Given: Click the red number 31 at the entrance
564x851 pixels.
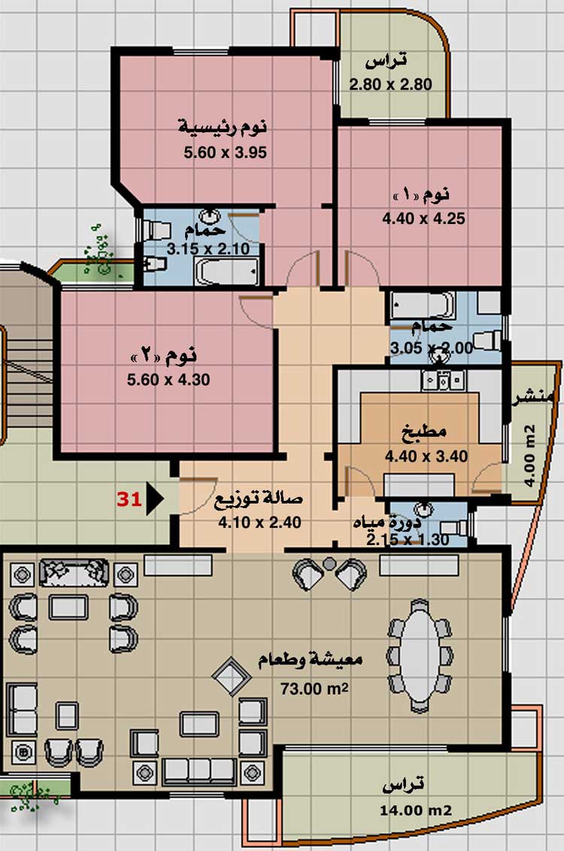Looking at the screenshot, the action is click(x=129, y=498).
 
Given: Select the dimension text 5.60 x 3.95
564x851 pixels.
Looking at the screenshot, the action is click(x=226, y=153).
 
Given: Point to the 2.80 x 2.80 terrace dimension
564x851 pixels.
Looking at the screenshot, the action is click(x=391, y=85).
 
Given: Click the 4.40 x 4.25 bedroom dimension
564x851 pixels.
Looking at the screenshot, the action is click(x=424, y=219).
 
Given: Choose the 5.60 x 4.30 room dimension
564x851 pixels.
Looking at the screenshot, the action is click(x=168, y=380).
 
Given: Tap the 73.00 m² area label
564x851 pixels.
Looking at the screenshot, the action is click(x=314, y=688).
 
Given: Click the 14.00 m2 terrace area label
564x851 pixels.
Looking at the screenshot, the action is click(x=416, y=811).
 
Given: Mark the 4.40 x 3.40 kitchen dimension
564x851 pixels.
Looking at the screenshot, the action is click(x=426, y=456).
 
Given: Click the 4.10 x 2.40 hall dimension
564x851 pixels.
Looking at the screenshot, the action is click(x=259, y=522).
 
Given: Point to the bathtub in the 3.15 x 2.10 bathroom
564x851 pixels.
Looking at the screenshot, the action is click(x=227, y=271).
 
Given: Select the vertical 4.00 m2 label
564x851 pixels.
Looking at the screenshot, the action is click(x=530, y=456).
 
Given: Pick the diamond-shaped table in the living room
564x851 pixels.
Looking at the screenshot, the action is click(x=232, y=677).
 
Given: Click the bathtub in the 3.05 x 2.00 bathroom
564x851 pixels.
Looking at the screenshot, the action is click(x=423, y=305).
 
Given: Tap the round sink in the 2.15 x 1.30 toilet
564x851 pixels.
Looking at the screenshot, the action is click(x=423, y=510).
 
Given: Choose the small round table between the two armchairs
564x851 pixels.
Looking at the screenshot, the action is click(x=329, y=564).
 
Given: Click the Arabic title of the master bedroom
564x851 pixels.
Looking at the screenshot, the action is click(x=223, y=128).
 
